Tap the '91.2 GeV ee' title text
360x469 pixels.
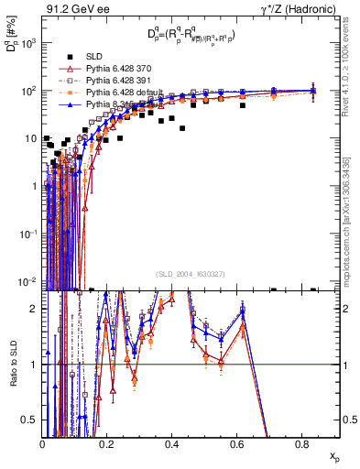tap(74, 9)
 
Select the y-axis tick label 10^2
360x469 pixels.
tap(28, 91)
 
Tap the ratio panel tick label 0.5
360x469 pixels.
tap(31, 420)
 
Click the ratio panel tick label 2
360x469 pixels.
tap(35, 308)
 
